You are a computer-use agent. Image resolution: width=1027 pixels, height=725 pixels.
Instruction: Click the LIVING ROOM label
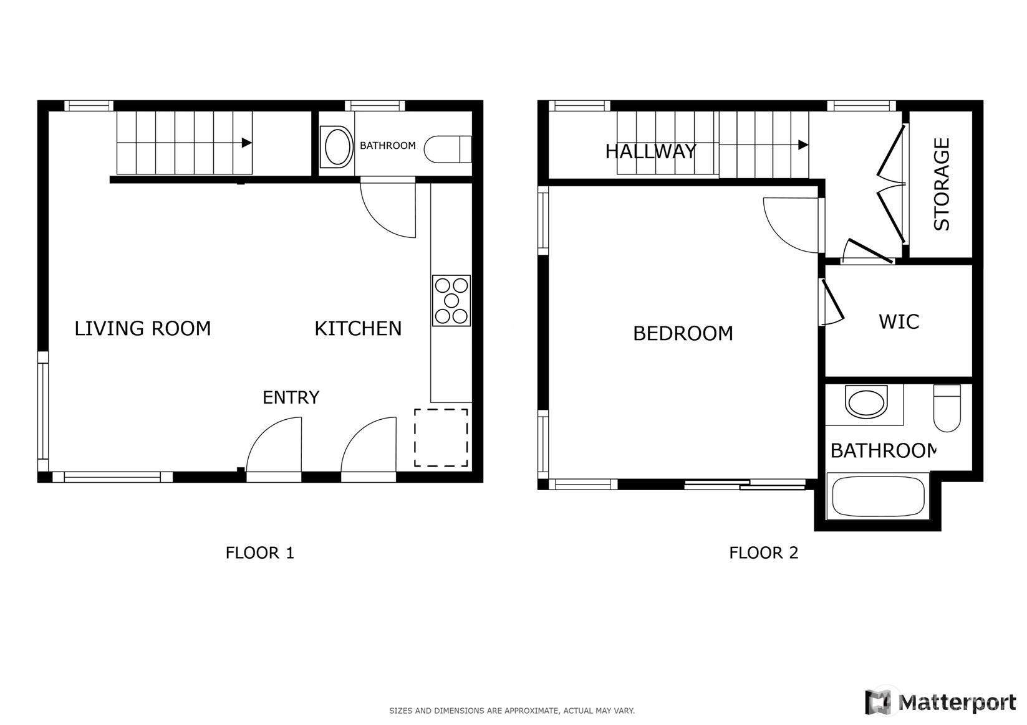point(143,328)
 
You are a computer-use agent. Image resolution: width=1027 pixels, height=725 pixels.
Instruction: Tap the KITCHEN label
point(358,328)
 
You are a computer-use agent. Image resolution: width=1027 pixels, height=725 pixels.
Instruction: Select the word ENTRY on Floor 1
point(291,397)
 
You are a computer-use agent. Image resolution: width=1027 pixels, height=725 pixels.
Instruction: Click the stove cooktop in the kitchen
point(451,300)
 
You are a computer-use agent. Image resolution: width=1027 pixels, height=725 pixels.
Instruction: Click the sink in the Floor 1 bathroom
point(337,146)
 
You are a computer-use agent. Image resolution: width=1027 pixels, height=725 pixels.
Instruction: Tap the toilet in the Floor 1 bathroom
point(448,149)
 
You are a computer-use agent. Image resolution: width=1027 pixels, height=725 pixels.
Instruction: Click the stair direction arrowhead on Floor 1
point(247,143)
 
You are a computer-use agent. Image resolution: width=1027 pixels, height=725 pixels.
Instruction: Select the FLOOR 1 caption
point(259,552)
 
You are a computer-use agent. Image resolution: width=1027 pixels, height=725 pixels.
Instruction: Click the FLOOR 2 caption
point(764,552)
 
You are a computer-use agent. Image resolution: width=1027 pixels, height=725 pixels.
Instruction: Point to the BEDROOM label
point(683,333)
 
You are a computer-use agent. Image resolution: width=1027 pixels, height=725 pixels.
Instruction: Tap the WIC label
point(899,321)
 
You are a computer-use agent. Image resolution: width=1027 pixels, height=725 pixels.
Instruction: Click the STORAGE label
point(942,184)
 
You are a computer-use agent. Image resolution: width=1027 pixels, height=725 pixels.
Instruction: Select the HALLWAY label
point(650,151)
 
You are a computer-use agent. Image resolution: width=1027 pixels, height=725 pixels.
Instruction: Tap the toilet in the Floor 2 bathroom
point(947,407)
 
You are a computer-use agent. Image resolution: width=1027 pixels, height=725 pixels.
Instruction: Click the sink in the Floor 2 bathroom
point(866,402)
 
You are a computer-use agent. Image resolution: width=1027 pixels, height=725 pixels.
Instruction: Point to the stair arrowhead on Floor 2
point(803,145)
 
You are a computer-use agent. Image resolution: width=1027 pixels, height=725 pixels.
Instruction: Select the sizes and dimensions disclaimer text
point(512,711)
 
